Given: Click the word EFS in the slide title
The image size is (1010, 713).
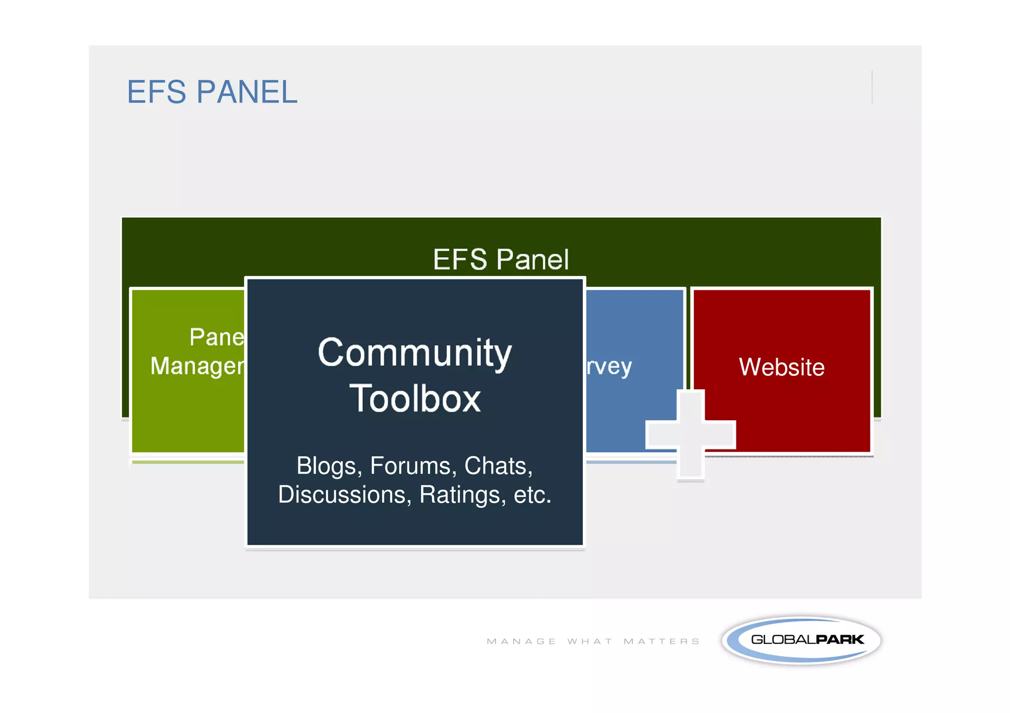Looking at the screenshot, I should (x=156, y=92).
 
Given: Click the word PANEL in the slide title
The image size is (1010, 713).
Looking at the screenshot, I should (x=247, y=92).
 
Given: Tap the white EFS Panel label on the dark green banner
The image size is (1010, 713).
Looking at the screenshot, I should (x=501, y=259).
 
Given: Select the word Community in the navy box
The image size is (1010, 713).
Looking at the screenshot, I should (x=415, y=353).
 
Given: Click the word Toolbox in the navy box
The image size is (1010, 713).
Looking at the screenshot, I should (x=415, y=398).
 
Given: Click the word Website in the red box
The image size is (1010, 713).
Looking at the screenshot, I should (x=782, y=367).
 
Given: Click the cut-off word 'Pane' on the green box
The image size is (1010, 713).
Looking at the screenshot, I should (x=216, y=337).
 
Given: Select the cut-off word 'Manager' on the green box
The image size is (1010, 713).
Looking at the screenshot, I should (x=197, y=366).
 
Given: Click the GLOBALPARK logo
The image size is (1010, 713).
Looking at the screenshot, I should (x=802, y=640).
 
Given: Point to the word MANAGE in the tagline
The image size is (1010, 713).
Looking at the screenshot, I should (x=521, y=641).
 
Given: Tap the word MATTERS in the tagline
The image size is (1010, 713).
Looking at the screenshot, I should (x=661, y=641).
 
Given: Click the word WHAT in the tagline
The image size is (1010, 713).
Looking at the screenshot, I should (x=590, y=641).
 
